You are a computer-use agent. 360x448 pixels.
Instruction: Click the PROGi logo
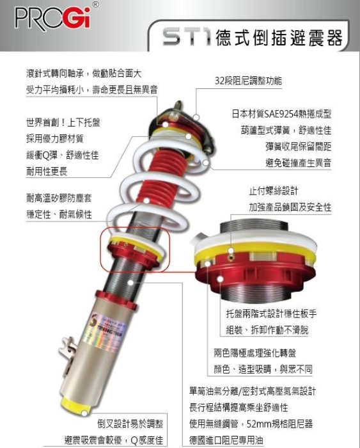[53, 18]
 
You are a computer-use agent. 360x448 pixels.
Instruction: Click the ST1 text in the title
[187, 37]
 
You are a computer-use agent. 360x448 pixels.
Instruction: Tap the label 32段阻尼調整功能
[248, 81]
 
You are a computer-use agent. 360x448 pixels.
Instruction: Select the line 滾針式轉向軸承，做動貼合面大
[84, 74]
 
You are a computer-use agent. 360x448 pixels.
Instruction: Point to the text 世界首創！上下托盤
[63, 123]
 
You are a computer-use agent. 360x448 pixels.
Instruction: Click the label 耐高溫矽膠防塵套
[59, 198]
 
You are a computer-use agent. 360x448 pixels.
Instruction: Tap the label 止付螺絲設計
[274, 191]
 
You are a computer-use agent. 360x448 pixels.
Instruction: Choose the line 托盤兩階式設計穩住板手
[271, 314]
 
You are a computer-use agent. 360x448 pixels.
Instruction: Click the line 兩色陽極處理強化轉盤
[254, 353]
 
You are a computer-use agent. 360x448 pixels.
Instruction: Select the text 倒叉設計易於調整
[130, 424]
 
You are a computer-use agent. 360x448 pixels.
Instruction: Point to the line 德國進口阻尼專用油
[226, 440]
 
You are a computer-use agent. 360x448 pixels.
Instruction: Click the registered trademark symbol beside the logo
[96, 4]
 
